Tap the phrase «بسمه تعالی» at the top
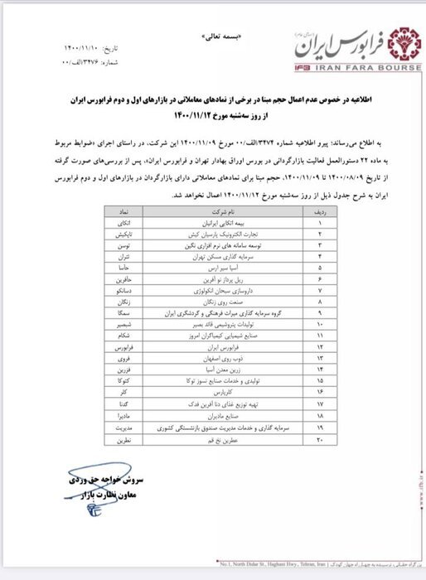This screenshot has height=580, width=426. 213,38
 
